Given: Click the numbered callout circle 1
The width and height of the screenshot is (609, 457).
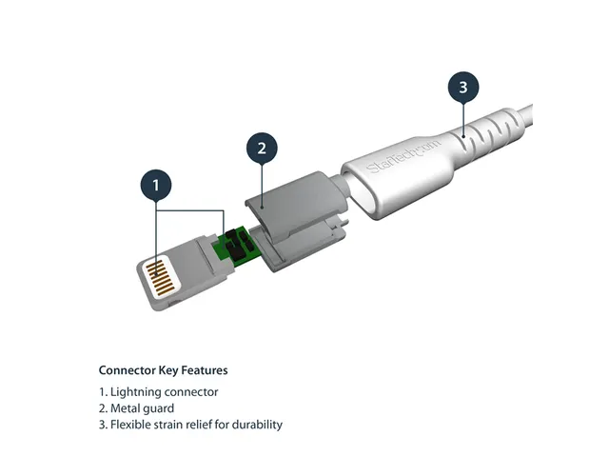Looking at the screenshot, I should coord(158,185).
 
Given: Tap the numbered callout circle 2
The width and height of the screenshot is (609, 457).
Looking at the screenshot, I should coord(262,148).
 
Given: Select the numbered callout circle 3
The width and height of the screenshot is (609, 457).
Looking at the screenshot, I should coord(462,88).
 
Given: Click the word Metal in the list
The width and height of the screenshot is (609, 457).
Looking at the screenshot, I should coord(127,408).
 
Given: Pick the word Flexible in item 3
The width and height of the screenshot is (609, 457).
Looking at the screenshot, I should coord(132,425).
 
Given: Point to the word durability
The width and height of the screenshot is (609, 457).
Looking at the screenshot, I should coord(256,425).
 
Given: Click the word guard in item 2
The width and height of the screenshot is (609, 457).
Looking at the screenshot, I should coord(160,408).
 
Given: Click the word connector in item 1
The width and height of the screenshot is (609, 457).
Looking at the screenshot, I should coord(193,392).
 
